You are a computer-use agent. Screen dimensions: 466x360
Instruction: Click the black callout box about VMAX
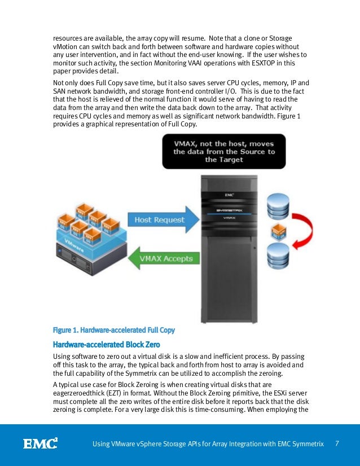[223, 152]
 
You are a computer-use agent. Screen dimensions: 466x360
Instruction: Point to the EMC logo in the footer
[40, 443]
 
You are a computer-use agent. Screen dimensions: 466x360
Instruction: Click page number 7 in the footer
[337, 443]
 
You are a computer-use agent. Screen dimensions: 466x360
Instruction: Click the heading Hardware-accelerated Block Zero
[106, 344]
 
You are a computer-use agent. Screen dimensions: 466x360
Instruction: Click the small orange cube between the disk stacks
[277, 231]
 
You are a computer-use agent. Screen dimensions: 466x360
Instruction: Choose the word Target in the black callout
[219, 160]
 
